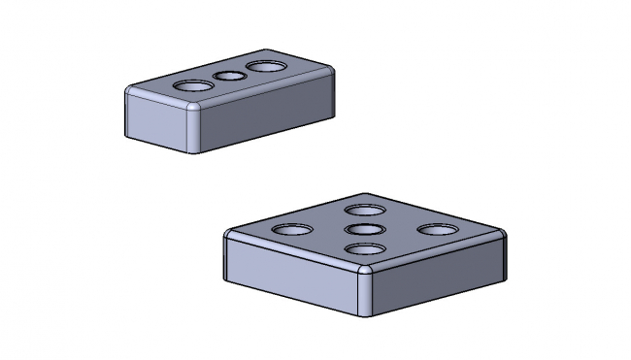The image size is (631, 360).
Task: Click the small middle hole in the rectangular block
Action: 229,76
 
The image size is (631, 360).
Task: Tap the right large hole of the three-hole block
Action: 266,66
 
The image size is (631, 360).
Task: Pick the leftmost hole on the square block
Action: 292,231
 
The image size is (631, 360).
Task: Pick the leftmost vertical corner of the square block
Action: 226,257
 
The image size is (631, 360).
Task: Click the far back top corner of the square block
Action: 366,194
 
